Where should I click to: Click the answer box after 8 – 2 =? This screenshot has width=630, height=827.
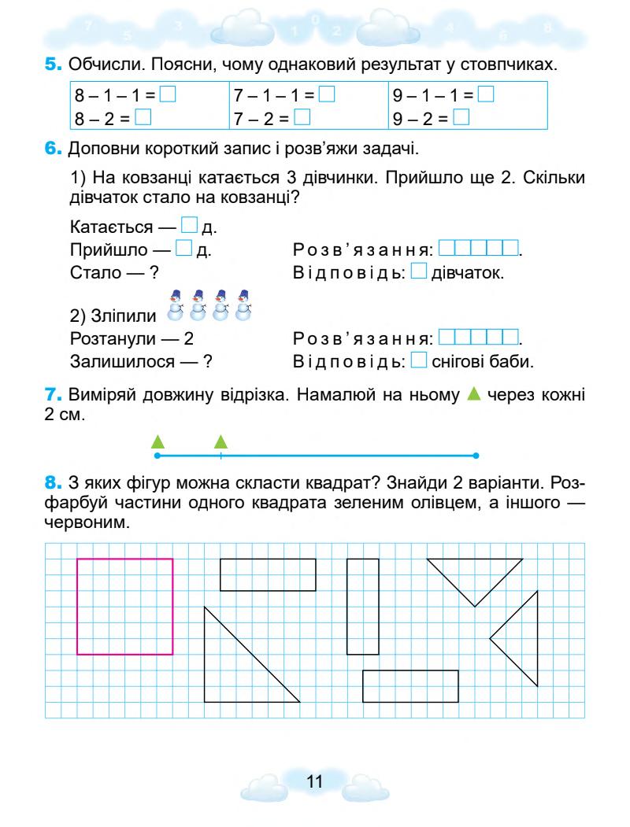143,119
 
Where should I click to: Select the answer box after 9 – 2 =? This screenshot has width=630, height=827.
461,119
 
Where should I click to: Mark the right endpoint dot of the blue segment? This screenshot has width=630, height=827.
476,456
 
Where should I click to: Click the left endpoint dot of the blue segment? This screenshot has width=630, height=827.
157,456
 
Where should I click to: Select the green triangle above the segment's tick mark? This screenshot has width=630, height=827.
221,441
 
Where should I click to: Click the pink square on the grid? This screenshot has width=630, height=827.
125,606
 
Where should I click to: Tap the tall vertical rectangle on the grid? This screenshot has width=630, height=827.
363,606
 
